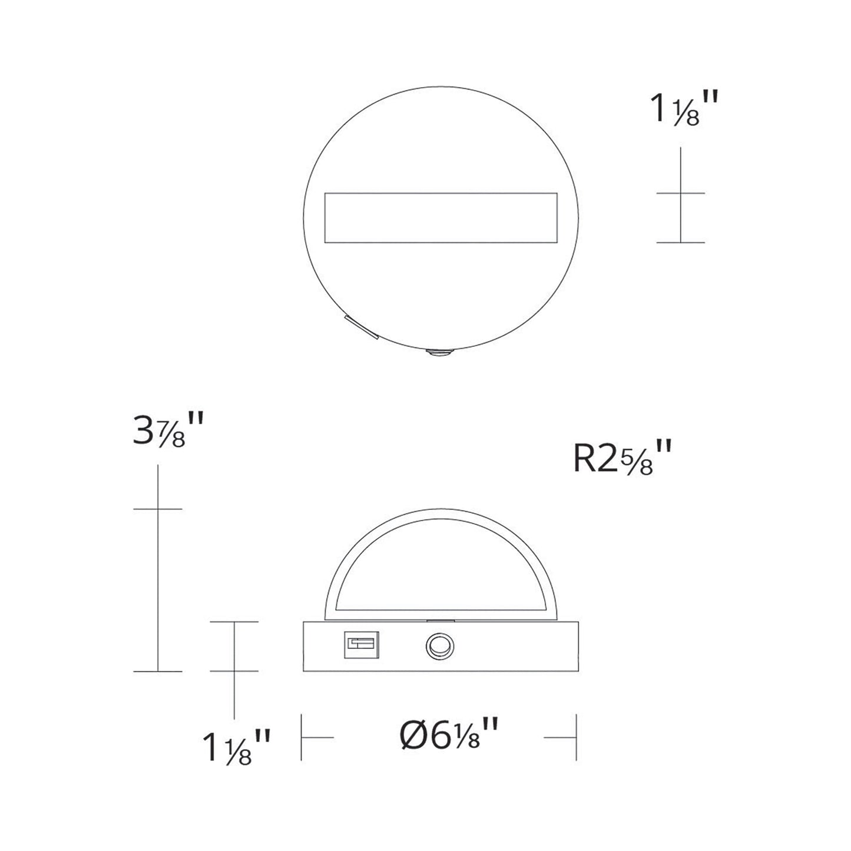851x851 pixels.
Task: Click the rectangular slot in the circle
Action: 441,218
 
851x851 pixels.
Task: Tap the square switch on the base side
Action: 361,645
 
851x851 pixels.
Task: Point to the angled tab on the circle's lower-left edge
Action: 362,327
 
